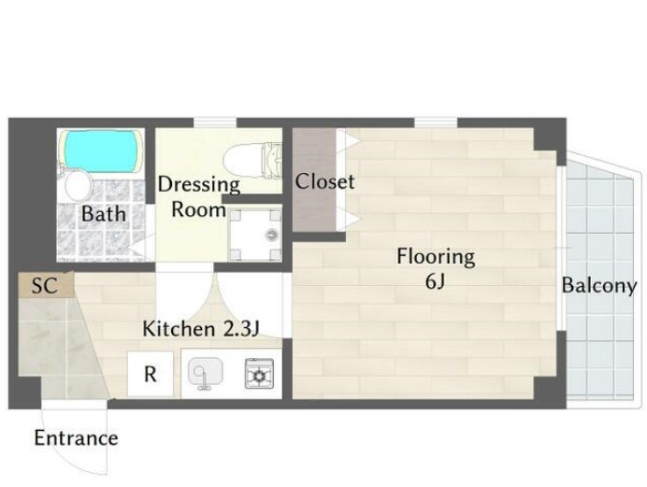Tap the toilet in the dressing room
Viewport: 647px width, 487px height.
pos(252,159)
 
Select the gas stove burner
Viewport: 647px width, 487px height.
pos(259,374)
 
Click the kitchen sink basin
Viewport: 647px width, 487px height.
pos(206,372)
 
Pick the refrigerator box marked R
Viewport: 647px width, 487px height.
pos(151,374)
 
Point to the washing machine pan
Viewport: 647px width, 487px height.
pos(255,235)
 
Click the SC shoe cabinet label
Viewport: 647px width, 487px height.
pos(45,285)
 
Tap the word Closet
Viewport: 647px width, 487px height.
pos(324,182)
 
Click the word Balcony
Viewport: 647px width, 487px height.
pos(599,286)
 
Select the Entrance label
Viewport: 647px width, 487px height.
pos(76,438)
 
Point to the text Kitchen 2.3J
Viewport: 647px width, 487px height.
pos(200,329)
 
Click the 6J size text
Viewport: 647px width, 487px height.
pos(436,282)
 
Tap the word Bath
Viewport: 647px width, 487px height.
pos(103,214)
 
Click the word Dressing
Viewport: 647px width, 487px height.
pos(199,185)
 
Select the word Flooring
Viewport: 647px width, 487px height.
pos(436,257)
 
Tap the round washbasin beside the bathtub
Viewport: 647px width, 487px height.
pos(78,185)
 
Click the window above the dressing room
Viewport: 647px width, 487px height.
pos(215,122)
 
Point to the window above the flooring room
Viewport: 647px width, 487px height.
pos(436,122)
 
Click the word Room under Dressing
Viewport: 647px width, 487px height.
pos(198,209)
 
